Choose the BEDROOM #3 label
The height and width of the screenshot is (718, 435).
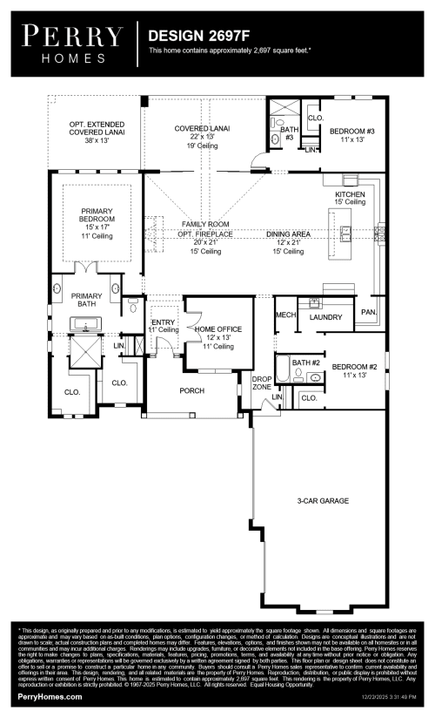click(x=351, y=132)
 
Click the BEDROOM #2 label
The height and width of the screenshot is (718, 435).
click(x=353, y=367)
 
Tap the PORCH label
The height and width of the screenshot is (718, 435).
click(x=192, y=391)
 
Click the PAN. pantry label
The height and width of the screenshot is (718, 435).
click(x=369, y=311)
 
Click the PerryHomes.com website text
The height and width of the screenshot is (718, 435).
click(x=50, y=697)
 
